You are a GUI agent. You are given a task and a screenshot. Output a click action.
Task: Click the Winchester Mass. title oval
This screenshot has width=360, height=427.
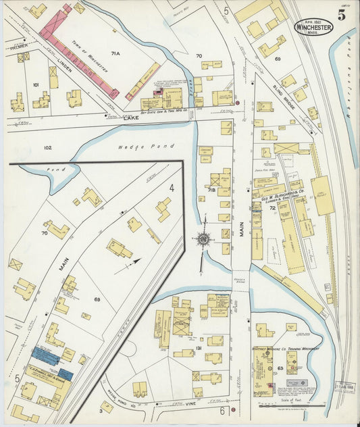(313, 27)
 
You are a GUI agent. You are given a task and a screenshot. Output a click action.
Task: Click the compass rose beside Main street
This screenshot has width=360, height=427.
(203, 238)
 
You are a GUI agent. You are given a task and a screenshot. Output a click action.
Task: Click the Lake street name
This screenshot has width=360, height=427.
(130, 117)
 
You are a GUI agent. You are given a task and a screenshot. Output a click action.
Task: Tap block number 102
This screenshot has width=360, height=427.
(47, 147)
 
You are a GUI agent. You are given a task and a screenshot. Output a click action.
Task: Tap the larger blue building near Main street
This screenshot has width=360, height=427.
(45, 356)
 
